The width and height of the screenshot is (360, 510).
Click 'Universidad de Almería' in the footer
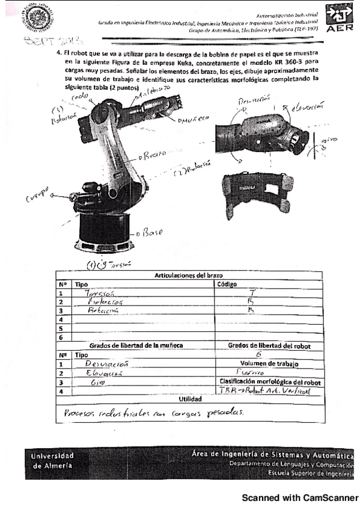coord(53,461)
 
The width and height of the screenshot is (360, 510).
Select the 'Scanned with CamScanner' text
coord(299,498)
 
